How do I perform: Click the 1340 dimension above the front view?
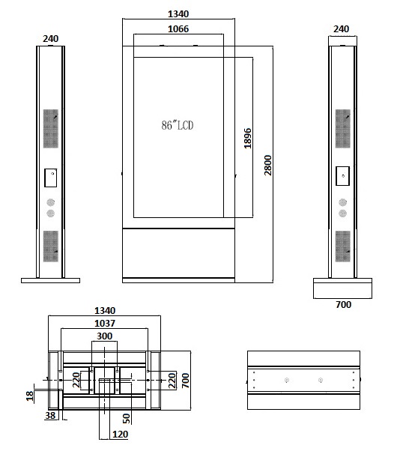click(x=179, y=13)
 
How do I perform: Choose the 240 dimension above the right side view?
click(x=341, y=29)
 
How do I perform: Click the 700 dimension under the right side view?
click(x=342, y=304)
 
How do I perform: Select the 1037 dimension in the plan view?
click(x=105, y=323)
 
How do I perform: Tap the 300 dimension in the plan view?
click(x=104, y=336)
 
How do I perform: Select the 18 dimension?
click(x=29, y=395)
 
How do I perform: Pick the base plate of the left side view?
click(x=50, y=281)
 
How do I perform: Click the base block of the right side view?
click(x=342, y=288)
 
